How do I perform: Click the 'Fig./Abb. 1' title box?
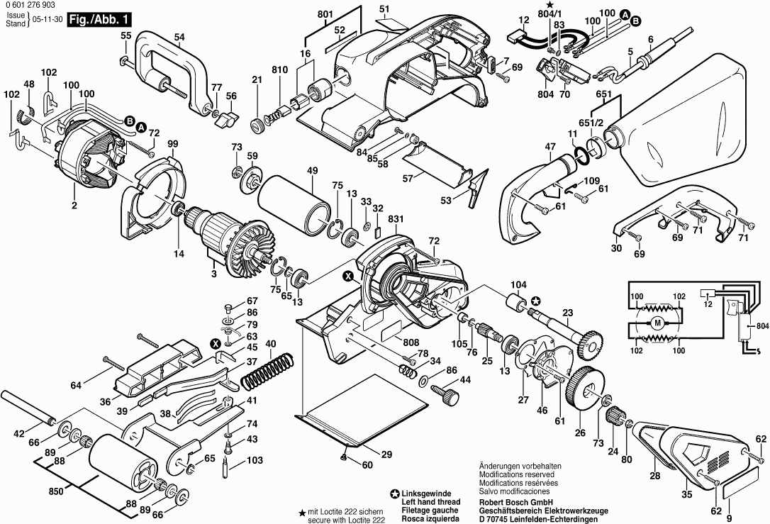(x=100, y=20)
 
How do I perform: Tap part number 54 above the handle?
(x=179, y=37)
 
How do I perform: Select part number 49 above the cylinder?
(x=312, y=171)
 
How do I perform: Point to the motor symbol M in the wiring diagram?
(x=657, y=323)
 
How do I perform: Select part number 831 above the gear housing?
(x=396, y=219)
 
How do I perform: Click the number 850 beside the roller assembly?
(x=57, y=491)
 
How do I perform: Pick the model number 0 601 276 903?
(x=30, y=5)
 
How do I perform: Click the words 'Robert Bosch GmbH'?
(x=516, y=503)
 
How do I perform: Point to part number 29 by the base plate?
(x=387, y=455)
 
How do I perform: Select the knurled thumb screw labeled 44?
(x=445, y=392)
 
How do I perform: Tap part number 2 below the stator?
(x=74, y=206)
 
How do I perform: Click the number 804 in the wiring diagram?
(x=763, y=326)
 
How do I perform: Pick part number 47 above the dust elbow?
(x=550, y=146)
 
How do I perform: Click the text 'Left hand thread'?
(x=431, y=502)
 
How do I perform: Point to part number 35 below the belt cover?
(x=687, y=494)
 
